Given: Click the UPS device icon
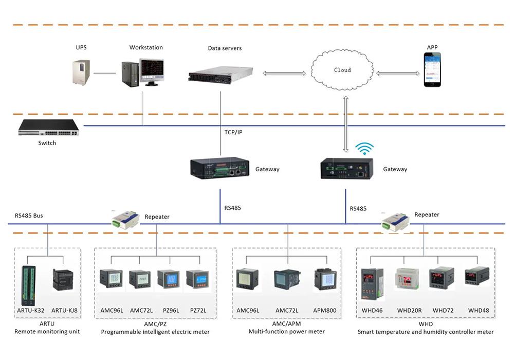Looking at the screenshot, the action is coord(81,72).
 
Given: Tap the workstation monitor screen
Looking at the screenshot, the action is coord(152,70).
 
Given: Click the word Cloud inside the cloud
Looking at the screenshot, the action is coord(342,70).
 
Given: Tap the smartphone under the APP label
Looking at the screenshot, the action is coord(432,70).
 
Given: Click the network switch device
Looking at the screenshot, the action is coord(48,128).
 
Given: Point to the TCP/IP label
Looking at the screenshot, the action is coord(233,132).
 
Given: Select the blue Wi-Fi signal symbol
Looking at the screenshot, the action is coord(364,149).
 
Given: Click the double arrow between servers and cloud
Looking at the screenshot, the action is coord(284,74).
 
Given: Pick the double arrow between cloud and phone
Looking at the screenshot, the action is coord(398,73).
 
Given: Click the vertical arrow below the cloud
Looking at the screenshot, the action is coord(345,124).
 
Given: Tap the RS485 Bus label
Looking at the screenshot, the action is coord(29,215).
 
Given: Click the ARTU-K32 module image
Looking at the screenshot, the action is coord(28,285).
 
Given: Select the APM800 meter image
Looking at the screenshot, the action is coord(325,279).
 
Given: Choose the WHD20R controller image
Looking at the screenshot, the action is coord(408,279).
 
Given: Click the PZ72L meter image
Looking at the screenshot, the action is coord(198,279).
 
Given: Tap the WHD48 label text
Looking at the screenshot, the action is coord(478,310).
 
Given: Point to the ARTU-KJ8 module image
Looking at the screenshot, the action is coord(63,280).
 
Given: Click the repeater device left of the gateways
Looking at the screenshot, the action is coord(125,220).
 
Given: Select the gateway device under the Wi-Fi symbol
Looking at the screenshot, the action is coord(346,168).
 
